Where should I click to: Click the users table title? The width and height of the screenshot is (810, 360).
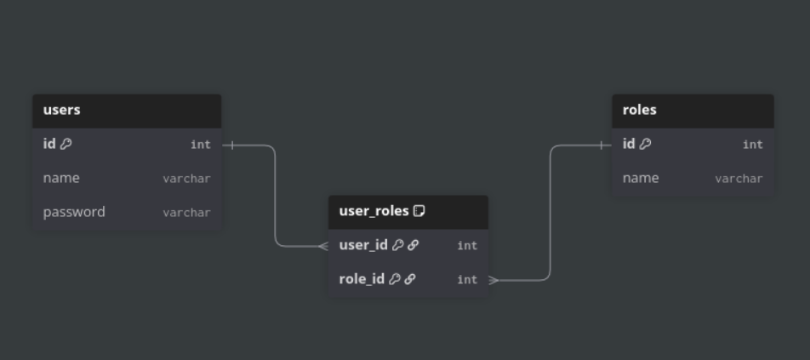(x=62, y=110)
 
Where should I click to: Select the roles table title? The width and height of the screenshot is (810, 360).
(x=640, y=110)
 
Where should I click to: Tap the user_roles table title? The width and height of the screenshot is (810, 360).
(x=374, y=211)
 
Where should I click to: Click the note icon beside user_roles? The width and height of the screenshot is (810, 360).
(x=419, y=211)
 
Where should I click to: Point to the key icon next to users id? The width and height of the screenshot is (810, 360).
(x=66, y=144)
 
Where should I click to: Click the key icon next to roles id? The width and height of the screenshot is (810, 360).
(x=646, y=144)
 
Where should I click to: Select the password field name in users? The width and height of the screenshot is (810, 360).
(x=74, y=212)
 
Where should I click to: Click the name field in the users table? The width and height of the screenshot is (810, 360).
(x=61, y=178)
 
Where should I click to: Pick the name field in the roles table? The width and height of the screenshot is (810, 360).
(x=641, y=178)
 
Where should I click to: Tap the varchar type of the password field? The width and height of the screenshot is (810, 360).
(x=186, y=213)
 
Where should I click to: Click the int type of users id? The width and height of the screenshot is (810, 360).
(x=200, y=145)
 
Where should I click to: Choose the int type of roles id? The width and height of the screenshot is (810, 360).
(x=752, y=145)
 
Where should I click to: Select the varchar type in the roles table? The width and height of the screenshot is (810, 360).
(x=739, y=179)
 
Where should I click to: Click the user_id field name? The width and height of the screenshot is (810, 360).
(x=363, y=245)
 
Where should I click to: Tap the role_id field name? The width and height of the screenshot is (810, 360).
(x=362, y=279)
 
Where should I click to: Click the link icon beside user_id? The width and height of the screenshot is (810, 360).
(x=414, y=245)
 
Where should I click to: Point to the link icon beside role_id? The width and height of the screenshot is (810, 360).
(x=410, y=279)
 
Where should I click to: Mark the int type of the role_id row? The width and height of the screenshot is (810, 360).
(x=467, y=280)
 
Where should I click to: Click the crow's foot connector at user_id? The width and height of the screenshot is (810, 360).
(x=323, y=246)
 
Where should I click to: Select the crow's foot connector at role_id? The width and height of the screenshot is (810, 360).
(x=494, y=280)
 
